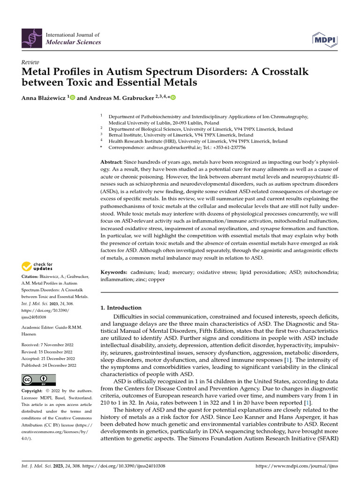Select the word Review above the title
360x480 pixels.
point(30,62)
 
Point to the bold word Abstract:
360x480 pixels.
point(114,162)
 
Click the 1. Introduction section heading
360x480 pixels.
point(121,308)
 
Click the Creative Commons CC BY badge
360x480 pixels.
point(38,380)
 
